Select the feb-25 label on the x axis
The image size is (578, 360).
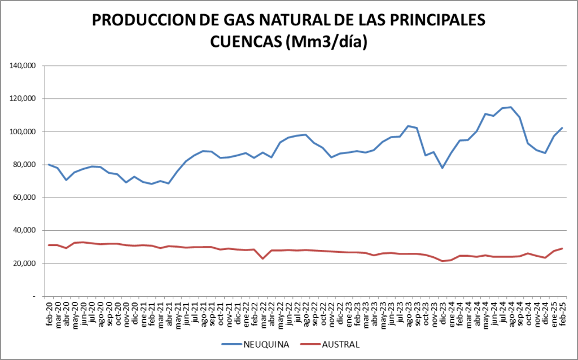click(x=562, y=312)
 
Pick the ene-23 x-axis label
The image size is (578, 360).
click(x=349, y=312)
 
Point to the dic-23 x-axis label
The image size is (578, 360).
click(x=443, y=312)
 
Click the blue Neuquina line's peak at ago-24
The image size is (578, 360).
click(x=511, y=107)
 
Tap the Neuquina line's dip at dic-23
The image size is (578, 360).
click(x=443, y=168)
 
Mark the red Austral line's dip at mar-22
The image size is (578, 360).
click(x=262, y=258)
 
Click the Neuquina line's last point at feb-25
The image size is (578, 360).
click(x=562, y=128)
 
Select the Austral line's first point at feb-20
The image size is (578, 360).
click(x=49, y=245)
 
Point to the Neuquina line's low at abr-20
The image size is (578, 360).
click(x=66, y=180)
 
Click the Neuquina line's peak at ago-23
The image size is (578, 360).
click(x=408, y=126)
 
